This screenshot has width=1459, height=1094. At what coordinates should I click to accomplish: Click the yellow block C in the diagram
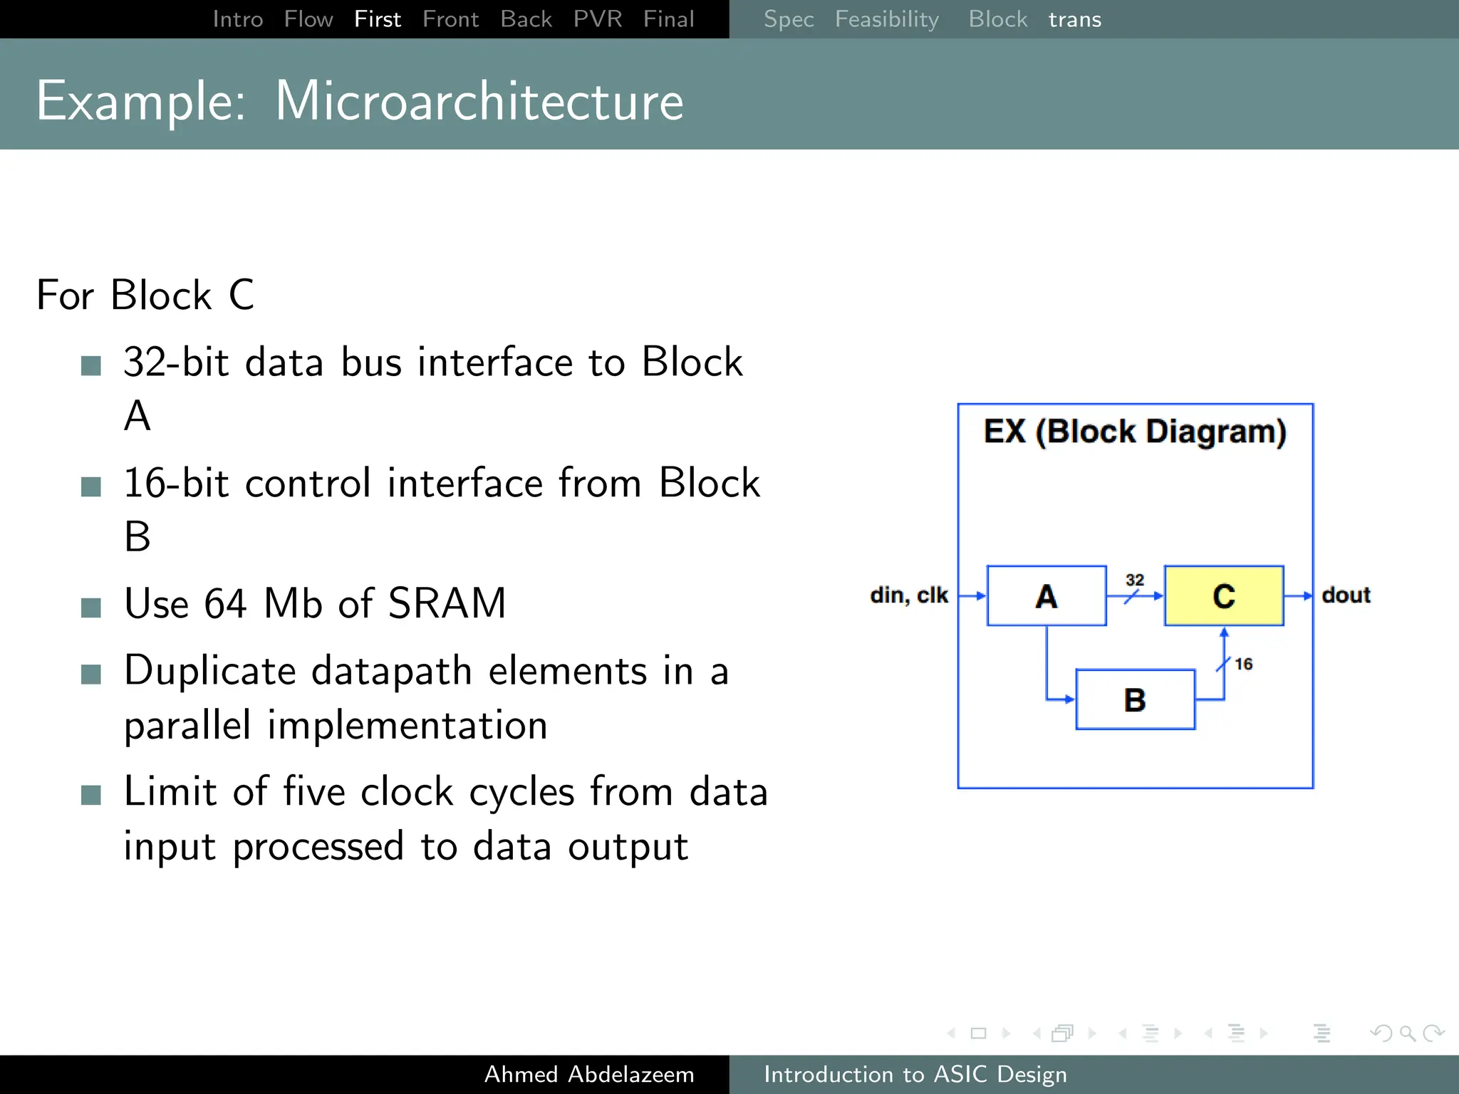click(1223, 595)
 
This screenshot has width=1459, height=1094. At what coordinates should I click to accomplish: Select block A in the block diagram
click(1046, 595)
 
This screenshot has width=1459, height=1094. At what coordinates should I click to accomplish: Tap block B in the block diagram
click(1135, 699)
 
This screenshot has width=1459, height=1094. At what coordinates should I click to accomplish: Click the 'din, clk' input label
click(908, 595)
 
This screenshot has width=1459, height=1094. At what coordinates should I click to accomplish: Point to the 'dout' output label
click(1346, 595)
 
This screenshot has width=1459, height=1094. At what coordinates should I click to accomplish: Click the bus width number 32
click(1134, 580)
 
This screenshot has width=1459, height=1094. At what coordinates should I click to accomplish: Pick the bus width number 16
click(1243, 664)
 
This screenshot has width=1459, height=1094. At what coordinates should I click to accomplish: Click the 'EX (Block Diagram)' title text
click(1135, 432)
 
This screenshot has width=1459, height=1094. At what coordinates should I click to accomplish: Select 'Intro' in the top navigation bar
click(238, 19)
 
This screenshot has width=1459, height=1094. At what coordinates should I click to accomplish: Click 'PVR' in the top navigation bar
click(597, 19)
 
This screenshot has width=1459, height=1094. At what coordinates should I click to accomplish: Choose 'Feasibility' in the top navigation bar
click(886, 19)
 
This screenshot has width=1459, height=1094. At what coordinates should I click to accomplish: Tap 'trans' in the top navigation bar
click(1074, 19)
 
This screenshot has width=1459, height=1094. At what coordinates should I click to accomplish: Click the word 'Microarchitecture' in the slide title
click(479, 101)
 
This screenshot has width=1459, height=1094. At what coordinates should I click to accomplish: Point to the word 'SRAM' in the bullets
click(447, 603)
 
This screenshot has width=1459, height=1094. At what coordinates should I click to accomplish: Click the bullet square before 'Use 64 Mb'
click(91, 608)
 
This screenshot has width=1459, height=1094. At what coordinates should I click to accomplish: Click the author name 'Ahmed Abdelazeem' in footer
click(588, 1074)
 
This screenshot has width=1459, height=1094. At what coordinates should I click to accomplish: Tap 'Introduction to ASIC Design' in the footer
click(915, 1074)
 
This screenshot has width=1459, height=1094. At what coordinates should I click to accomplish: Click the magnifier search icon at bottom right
click(1406, 1033)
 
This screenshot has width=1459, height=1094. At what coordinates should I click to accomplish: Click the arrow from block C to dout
click(1298, 595)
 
